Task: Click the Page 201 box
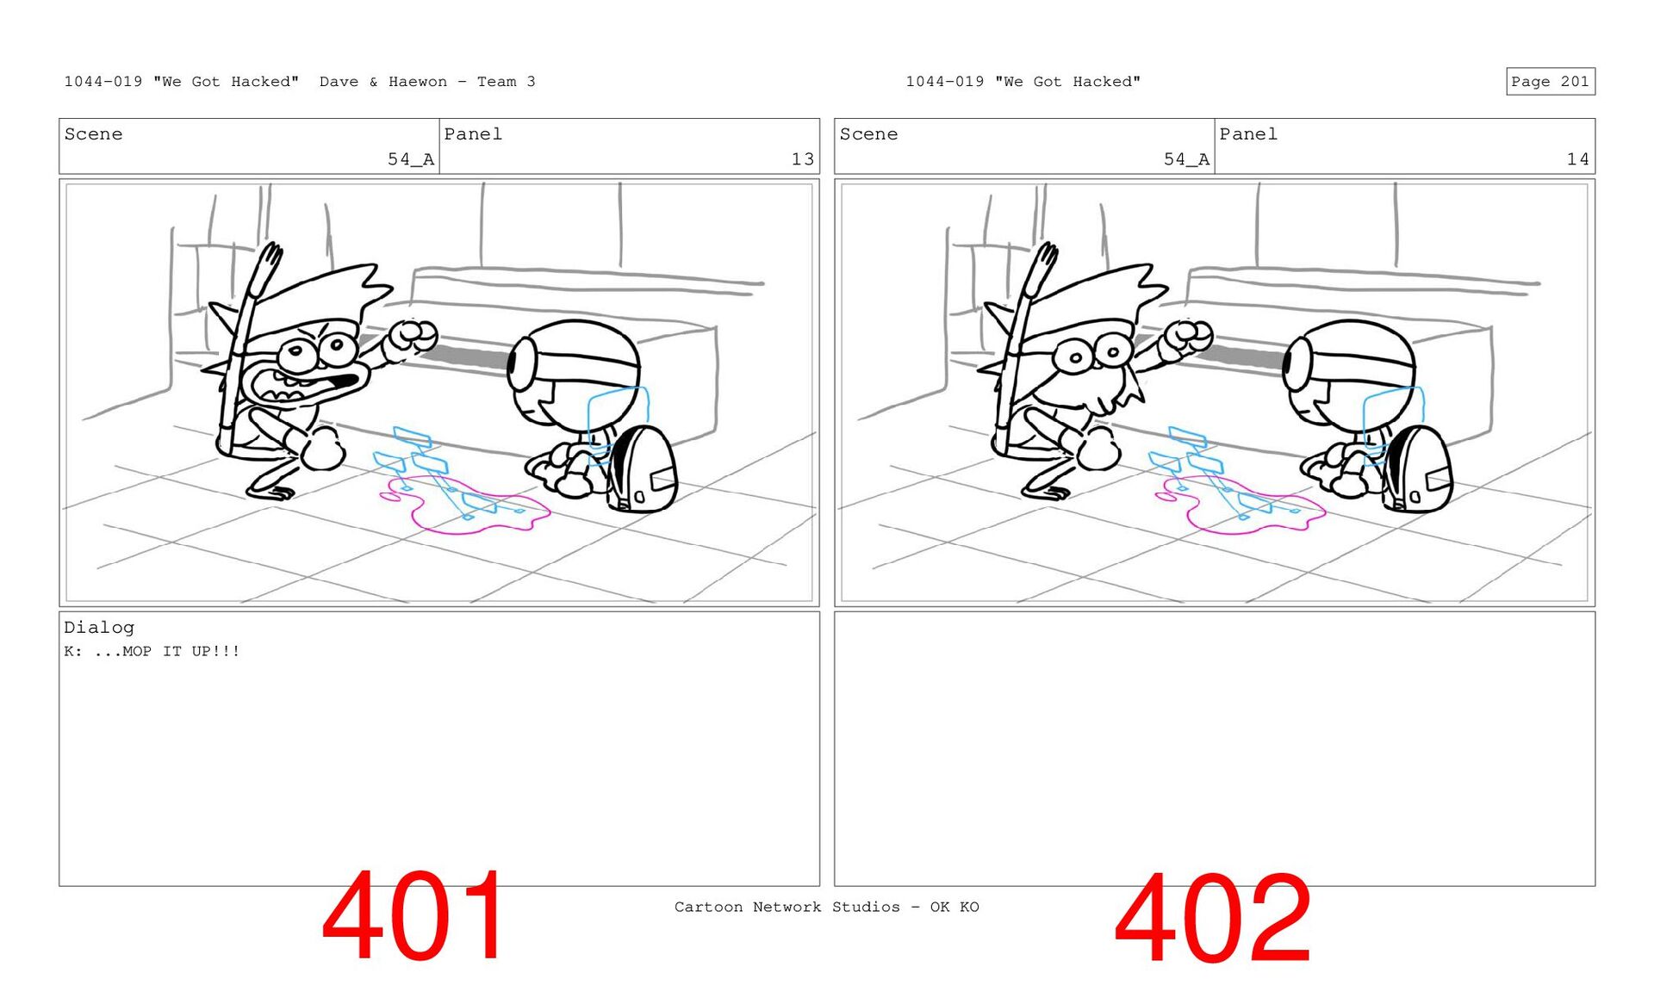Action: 1550,81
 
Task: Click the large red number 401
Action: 414,915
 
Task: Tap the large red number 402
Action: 1212,918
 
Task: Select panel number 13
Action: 802,159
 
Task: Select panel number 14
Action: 1577,159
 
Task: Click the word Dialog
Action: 99,628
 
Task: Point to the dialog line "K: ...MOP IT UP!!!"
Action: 152,651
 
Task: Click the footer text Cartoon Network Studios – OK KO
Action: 826,907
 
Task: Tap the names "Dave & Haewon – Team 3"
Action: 427,82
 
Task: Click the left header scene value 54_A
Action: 411,159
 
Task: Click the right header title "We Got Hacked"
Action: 1067,82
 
